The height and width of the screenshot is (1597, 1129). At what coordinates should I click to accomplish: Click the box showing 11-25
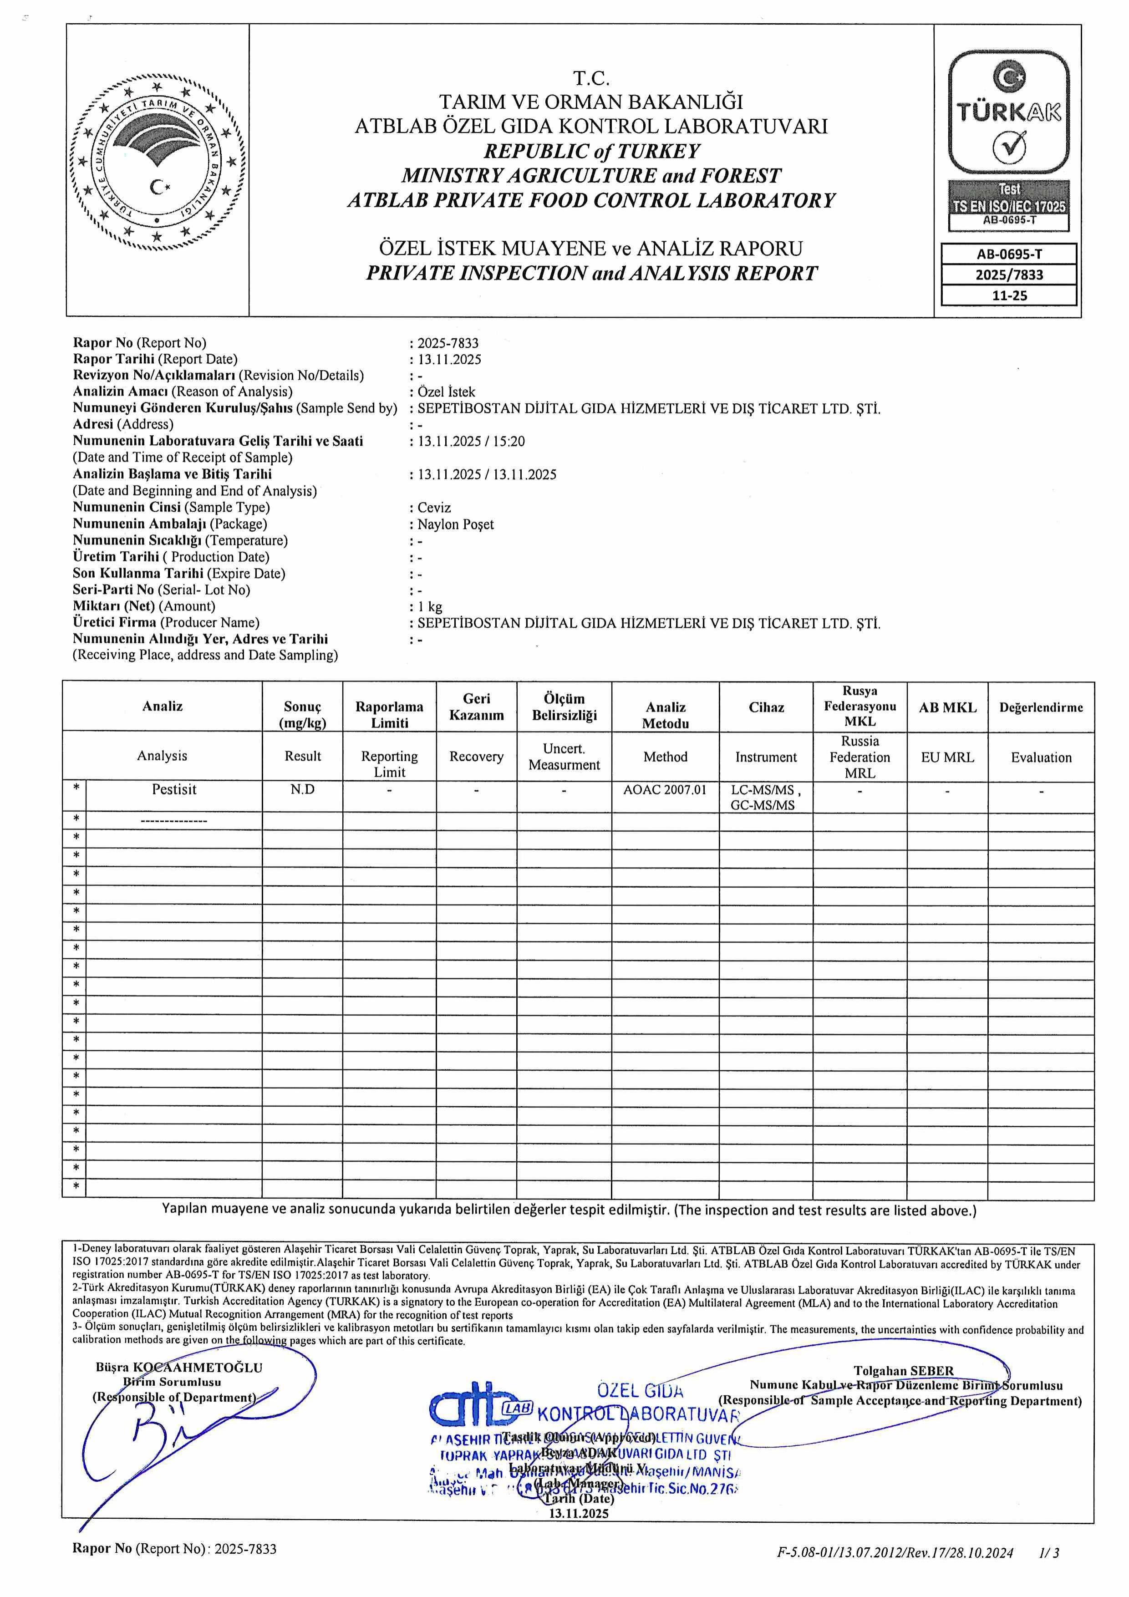pyautogui.click(x=1009, y=295)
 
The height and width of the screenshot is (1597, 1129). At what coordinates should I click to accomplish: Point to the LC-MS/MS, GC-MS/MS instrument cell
pyautogui.click(x=766, y=798)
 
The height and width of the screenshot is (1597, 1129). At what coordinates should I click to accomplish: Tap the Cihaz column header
pyautogui.click(x=766, y=707)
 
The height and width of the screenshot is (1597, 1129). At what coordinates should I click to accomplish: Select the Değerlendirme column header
pyautogui.click(x=1041, y=707)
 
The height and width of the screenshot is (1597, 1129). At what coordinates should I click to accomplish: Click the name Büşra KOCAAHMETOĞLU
pyautogui.click(x=179, y=1368)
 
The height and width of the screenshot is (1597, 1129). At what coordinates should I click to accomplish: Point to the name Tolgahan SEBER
pyautogui.click(x=904, y=1371)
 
